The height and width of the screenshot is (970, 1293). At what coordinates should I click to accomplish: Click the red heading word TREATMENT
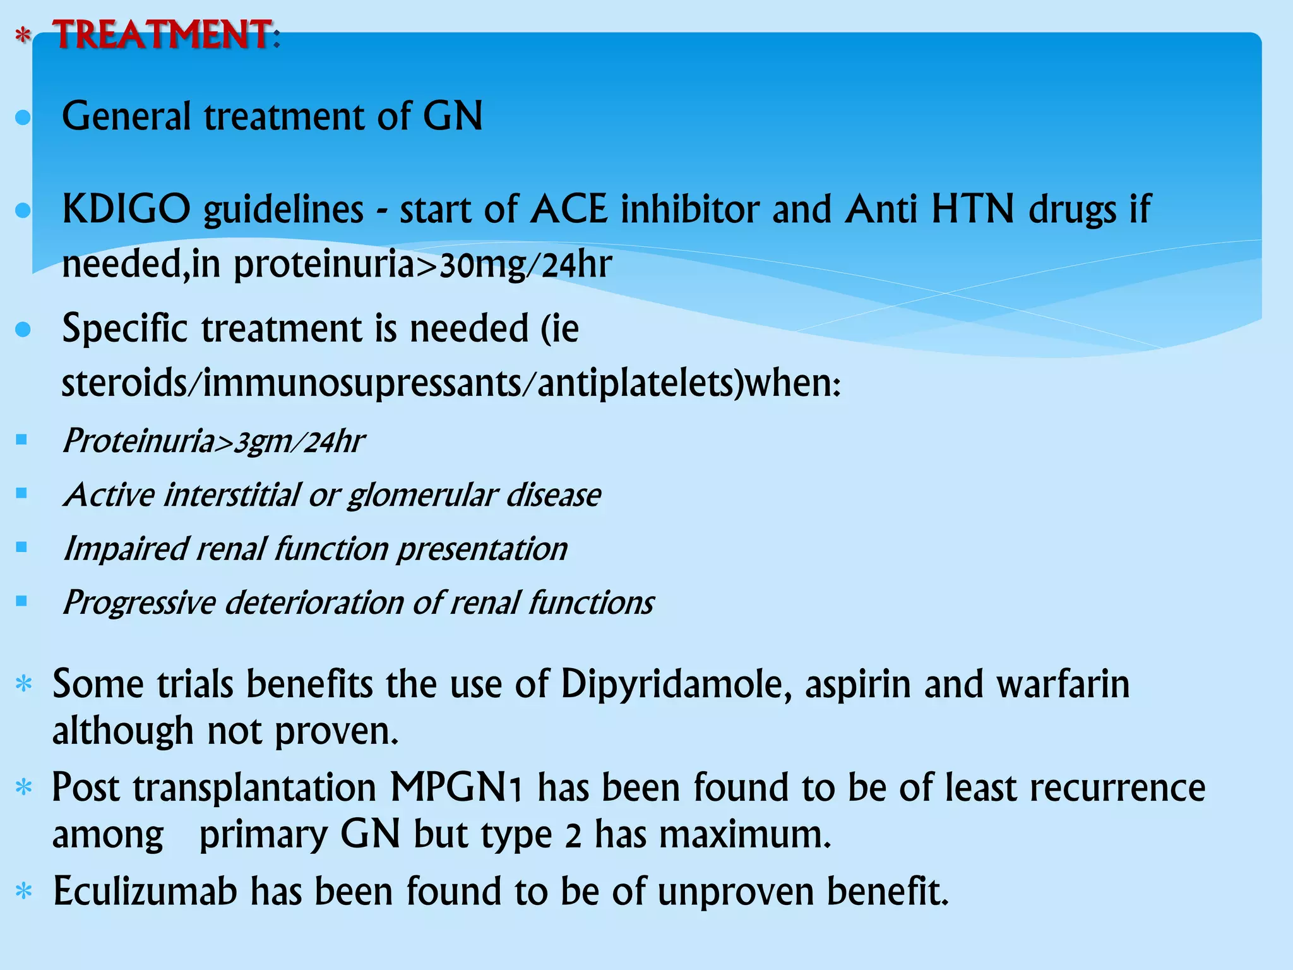point(163,35)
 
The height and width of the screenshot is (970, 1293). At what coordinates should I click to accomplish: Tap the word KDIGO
point(126,209)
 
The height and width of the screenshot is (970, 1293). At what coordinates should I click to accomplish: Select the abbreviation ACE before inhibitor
point(569,209)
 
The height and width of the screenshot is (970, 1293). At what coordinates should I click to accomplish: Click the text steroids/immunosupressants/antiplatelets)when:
point(451,383)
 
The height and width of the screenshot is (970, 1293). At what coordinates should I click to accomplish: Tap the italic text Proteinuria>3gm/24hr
point(213,441)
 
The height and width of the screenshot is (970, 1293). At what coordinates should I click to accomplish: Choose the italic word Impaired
point(126,549)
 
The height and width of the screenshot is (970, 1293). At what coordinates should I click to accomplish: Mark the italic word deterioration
point(314,602)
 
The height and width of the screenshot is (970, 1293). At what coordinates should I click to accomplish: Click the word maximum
point(744,834)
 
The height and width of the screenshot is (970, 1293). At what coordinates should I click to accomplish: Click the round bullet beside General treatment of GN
point(23,117)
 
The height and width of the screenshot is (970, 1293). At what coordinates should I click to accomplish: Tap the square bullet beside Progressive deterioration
point(22,601)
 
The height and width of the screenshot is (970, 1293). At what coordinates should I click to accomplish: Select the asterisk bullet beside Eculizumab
point(24,892)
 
